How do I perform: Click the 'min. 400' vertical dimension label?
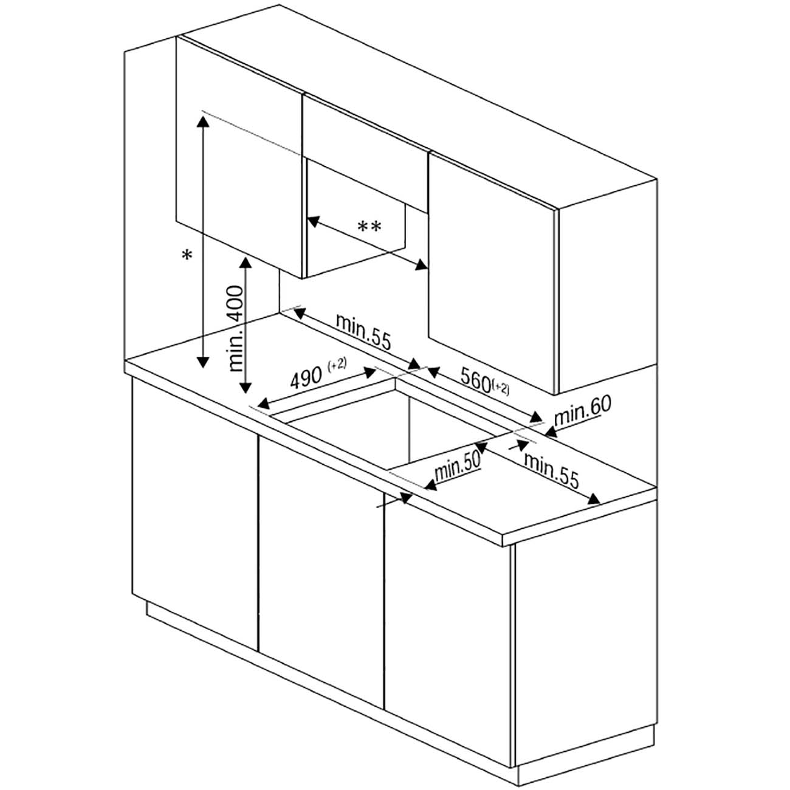coord(236,328)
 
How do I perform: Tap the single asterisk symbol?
coord(187,255)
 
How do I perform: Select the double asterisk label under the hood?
coord(369,226)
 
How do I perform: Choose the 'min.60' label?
coord(582,410)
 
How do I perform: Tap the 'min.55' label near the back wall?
coord(363,331)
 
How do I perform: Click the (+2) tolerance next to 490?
coord(337,364)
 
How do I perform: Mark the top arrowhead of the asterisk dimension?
coord(202,122)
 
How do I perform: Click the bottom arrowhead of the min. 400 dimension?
coord(245,386)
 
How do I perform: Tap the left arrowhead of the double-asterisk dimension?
coord(313,221)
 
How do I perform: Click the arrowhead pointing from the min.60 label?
coord(551,431)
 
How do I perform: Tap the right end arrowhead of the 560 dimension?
coord(535,417)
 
